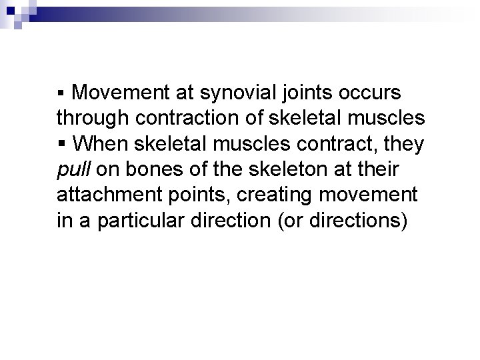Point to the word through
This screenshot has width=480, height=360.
93,119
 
